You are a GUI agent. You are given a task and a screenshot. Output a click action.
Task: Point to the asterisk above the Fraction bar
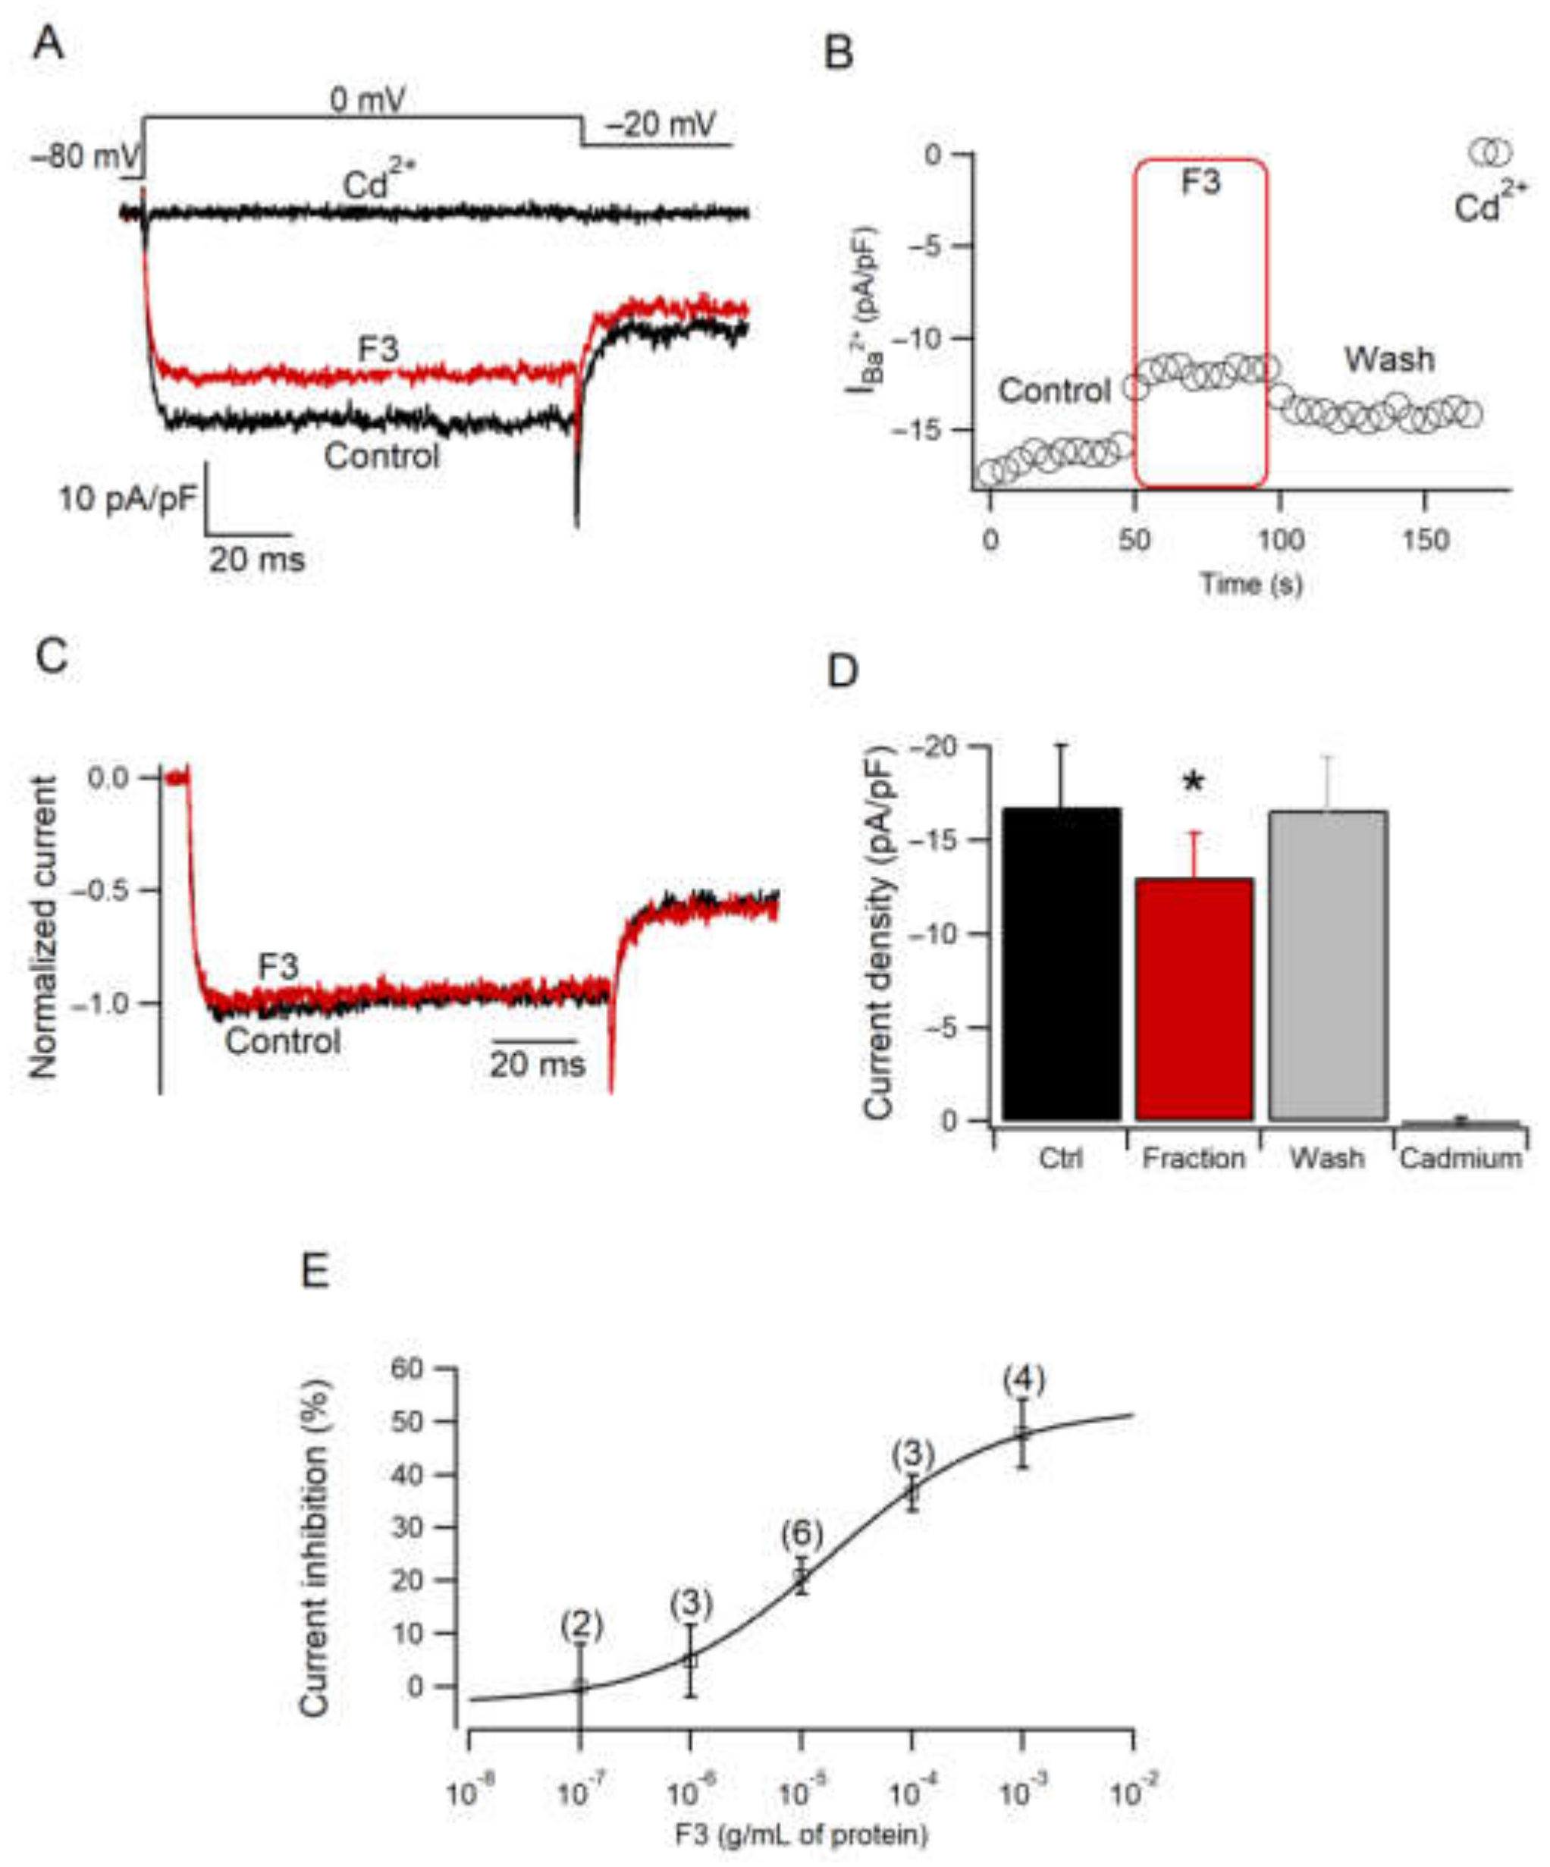1193,783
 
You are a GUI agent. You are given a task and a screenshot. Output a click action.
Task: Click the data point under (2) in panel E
580,1686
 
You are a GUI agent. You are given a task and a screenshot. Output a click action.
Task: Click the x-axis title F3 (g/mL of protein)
800,1834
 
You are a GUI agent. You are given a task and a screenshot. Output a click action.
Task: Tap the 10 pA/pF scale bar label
127,500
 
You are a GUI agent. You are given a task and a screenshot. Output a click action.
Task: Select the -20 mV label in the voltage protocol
660,124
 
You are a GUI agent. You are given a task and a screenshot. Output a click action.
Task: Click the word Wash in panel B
1388,360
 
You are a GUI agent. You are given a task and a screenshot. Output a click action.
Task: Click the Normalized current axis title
43,927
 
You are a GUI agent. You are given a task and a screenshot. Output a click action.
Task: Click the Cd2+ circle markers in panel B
1490,152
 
